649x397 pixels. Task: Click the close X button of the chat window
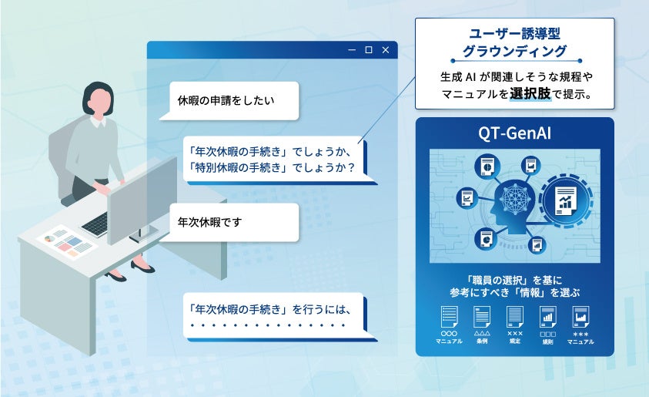(x=386, y=50)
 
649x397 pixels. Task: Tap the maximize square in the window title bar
(x=369, y=50)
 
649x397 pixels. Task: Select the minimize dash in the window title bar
(x=352, y=50)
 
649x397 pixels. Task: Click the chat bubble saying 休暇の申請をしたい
(x=226, y=100)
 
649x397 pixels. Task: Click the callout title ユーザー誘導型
(x=514, y=35)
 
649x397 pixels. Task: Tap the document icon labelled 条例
(x=482, y=317)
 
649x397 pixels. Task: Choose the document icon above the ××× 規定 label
(x=515, y=317)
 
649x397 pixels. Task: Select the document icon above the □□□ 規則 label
(x=547, y=317)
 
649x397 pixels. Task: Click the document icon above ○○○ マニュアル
(x=449, y=317)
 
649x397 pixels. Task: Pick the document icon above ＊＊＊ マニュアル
(x=580, y=317)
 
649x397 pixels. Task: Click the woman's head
(x=103, y=98)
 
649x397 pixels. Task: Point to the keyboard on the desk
(x=95, y=224)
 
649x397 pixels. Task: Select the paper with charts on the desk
(x=66, y=242)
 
